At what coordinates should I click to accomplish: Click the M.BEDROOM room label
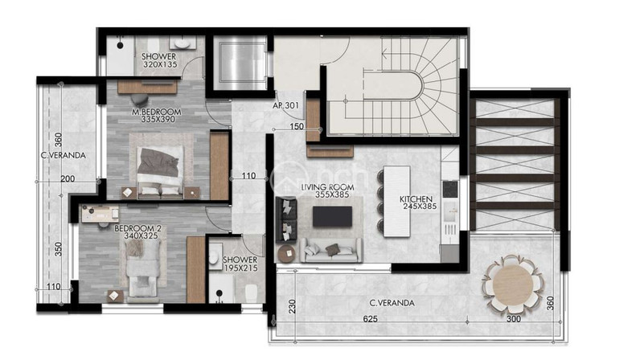click(157, 112)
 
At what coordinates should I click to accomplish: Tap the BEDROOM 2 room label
click(135, 228)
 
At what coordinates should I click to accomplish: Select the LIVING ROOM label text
click(328, 187)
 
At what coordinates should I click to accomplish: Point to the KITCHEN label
click(416, 199)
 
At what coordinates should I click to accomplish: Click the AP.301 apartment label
click(285, 105)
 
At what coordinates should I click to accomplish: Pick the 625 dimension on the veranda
click(370, 319)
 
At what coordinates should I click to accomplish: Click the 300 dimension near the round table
click(514, 319)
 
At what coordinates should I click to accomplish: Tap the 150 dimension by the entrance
click(297, 126)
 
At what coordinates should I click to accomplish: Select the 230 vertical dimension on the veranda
click(292, 306)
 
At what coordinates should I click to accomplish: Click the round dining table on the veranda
click(513, 284)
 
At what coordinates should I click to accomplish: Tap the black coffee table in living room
click(332, 216)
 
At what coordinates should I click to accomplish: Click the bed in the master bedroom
click(160, 172)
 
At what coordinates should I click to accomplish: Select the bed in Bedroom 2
click(142, 268)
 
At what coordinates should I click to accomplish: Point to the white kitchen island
click(397, 201)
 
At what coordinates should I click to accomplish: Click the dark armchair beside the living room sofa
click(286, 219)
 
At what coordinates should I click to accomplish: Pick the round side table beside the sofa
click(287, 254)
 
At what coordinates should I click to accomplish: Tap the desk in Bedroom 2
click(101, 214)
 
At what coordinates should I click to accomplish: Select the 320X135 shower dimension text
click(159, 64)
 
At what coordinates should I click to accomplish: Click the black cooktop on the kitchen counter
click(449, 189)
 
